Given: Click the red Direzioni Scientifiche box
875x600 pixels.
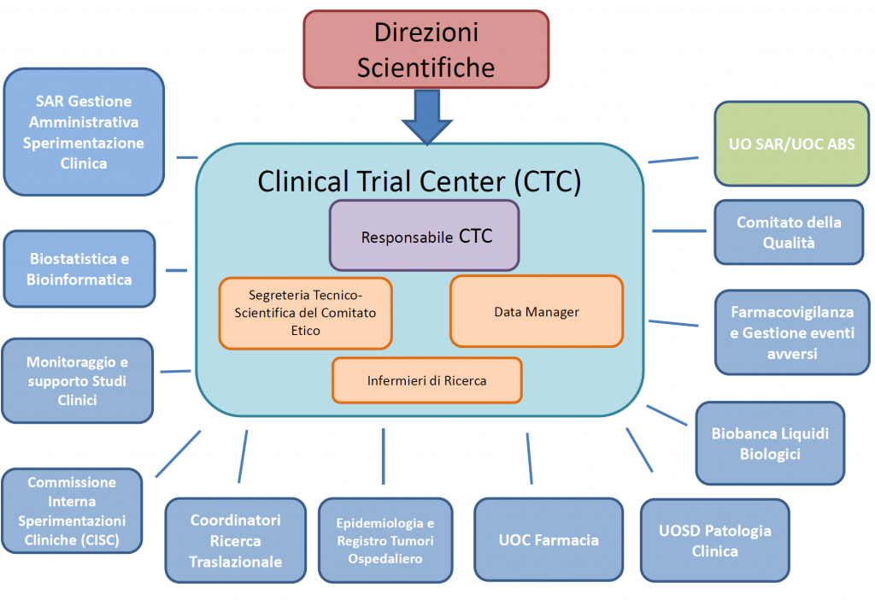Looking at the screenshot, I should coord(426,49).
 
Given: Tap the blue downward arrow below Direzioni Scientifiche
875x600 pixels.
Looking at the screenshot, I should coord(426,116).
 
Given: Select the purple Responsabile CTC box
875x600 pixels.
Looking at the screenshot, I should coord(425,236).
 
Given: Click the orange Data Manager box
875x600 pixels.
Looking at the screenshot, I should coord(536,311).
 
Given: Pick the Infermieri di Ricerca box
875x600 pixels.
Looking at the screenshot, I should coord(426,380).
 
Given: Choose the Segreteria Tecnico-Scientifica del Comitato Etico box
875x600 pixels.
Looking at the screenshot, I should coord(305,313).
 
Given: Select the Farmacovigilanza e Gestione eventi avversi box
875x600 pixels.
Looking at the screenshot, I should coord(791,332).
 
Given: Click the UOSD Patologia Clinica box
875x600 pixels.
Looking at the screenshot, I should coord(714,540).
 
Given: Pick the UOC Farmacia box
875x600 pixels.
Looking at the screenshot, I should coord(548,539).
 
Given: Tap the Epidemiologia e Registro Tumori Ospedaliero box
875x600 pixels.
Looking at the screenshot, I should coord(385,540).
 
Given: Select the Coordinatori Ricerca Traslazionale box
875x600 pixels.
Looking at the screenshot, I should coord(235,540).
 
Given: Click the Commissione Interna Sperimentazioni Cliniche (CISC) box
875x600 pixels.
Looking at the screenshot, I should coord(72,510).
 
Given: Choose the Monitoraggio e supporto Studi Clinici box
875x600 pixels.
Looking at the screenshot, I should coord(77,380).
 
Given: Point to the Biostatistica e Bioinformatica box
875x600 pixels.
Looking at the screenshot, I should coord(79,268).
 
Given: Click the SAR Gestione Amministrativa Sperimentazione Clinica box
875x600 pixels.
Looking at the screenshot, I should coord(84,132).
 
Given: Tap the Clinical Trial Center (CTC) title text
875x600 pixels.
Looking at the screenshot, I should coord(419,181).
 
